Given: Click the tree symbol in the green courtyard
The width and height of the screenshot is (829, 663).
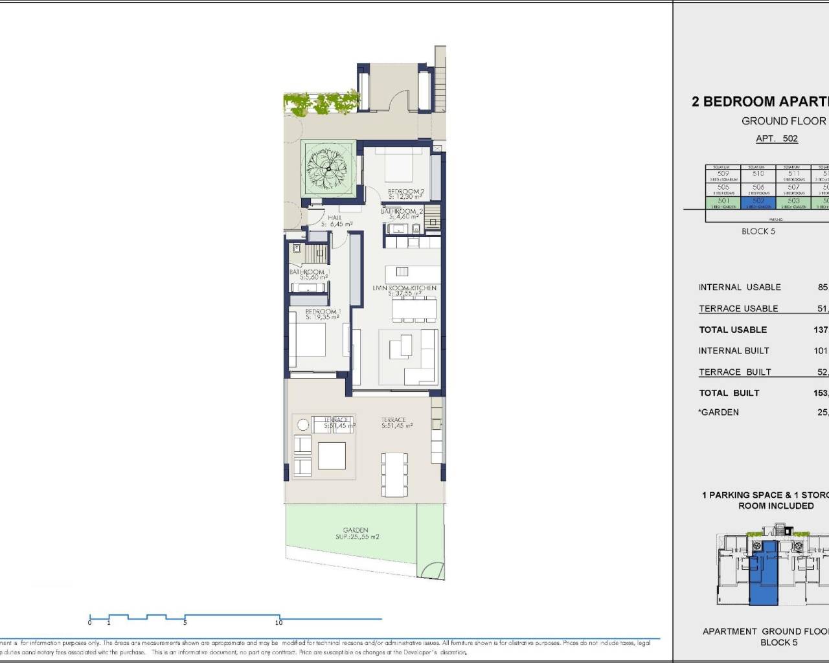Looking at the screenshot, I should [328, 168].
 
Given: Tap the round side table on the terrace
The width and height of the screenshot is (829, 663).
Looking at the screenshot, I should [303, 425].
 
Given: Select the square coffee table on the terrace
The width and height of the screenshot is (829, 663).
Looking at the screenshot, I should [331, 455].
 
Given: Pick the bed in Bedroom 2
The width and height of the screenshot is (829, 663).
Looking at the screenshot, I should [399, 165].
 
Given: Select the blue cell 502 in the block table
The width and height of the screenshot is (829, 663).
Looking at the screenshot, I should [758, 203].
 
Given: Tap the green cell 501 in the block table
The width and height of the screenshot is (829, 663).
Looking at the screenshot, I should [723, 203].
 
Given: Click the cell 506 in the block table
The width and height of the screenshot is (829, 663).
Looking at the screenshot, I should [758, 189].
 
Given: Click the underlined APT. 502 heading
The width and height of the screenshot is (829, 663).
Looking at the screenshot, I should [777, 139].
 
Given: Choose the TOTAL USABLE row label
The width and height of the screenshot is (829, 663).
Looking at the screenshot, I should [732, 330].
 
